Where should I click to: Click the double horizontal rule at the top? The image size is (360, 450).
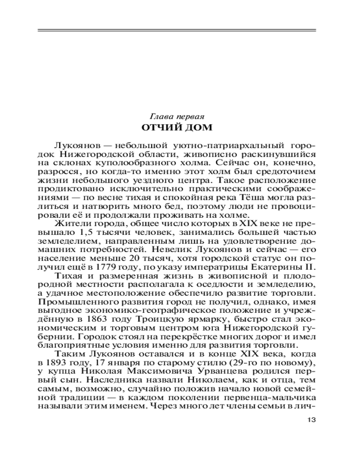tap(176, 31)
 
